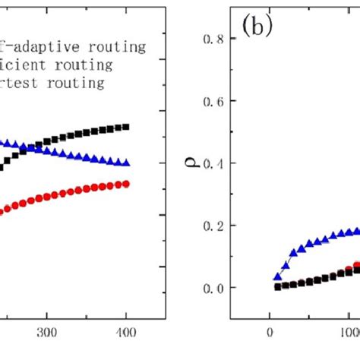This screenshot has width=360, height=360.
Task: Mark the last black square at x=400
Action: [x=126, y=127]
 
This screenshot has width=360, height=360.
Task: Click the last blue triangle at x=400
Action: [x=126, y=163]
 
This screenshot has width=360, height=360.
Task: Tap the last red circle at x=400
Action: [x=126, y=184]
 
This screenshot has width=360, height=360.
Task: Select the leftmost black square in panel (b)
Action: [x=277, y=286]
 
